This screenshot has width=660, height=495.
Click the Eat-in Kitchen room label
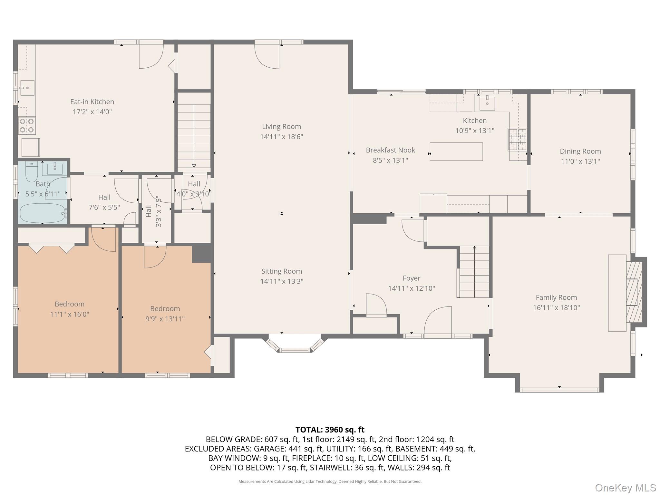coord(92,102)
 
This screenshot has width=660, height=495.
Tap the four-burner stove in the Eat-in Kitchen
coord(27,126)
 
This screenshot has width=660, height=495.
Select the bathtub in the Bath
coord(43,213)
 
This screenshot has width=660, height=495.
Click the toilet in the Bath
coord(32,172)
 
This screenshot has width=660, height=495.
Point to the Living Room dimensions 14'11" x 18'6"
coord(281,137)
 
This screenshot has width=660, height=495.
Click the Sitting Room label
coord(281,271)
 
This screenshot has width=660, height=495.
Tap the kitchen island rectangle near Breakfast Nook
coord(456,152)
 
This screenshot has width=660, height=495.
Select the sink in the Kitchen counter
coord(487,103)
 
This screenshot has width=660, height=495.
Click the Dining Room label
coord(580,151)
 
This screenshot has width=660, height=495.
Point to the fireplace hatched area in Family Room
coord(634,292)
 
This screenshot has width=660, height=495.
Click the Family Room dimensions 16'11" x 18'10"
coord(556,308)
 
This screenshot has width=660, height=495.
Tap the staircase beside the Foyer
coord(474,272)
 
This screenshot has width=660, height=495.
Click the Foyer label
coord(411,278)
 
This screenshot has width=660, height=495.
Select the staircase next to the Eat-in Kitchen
coord(194,132)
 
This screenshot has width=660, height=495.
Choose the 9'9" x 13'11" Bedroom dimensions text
coord(165,319)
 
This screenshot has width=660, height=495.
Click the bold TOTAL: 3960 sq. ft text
coord(330,430)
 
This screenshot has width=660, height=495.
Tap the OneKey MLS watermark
coord(625,488)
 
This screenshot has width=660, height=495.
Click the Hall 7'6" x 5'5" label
coord(104,197)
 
